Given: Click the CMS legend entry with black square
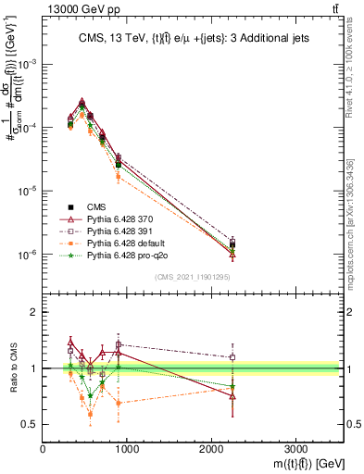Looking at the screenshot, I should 97,207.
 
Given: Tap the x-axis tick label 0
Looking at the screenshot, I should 44,445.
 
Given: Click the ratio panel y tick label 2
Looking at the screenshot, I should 32,312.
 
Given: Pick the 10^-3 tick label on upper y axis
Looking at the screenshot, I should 26,64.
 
